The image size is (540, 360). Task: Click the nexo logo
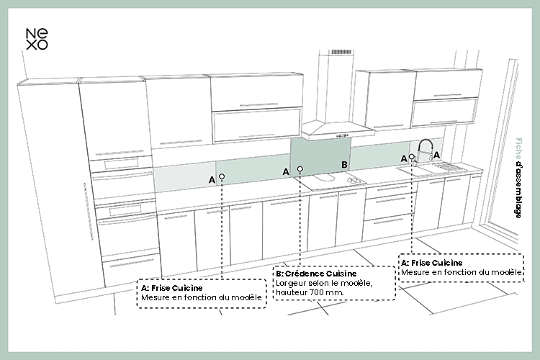click(x=37, y=39)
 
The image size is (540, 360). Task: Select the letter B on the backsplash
click(x=344, y=165)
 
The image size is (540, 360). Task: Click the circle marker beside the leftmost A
click(x=222, y=176)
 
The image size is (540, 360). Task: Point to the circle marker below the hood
click(x=300, y=168)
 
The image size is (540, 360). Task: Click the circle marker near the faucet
click(x=412, y=156)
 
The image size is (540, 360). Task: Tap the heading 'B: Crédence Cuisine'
click(x=316, y=274)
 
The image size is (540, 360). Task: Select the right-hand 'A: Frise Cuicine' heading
click(x=431, y=263)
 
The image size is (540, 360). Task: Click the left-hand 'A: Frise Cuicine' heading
click(x=171, y=288)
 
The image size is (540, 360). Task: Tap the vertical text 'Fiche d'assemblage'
click(x=518, y=178)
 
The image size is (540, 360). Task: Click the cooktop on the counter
click(x=334, y=181)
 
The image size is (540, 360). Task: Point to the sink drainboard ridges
click(x=449, y=168)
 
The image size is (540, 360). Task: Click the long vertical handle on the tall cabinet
click(x=88, y=211)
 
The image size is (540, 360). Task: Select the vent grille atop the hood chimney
click(x=341, y=52)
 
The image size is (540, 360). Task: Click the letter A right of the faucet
click(x=436, y=155)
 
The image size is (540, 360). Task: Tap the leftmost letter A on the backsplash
click(x=212, y=180)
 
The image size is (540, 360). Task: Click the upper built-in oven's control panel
click(x=120, y=163)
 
